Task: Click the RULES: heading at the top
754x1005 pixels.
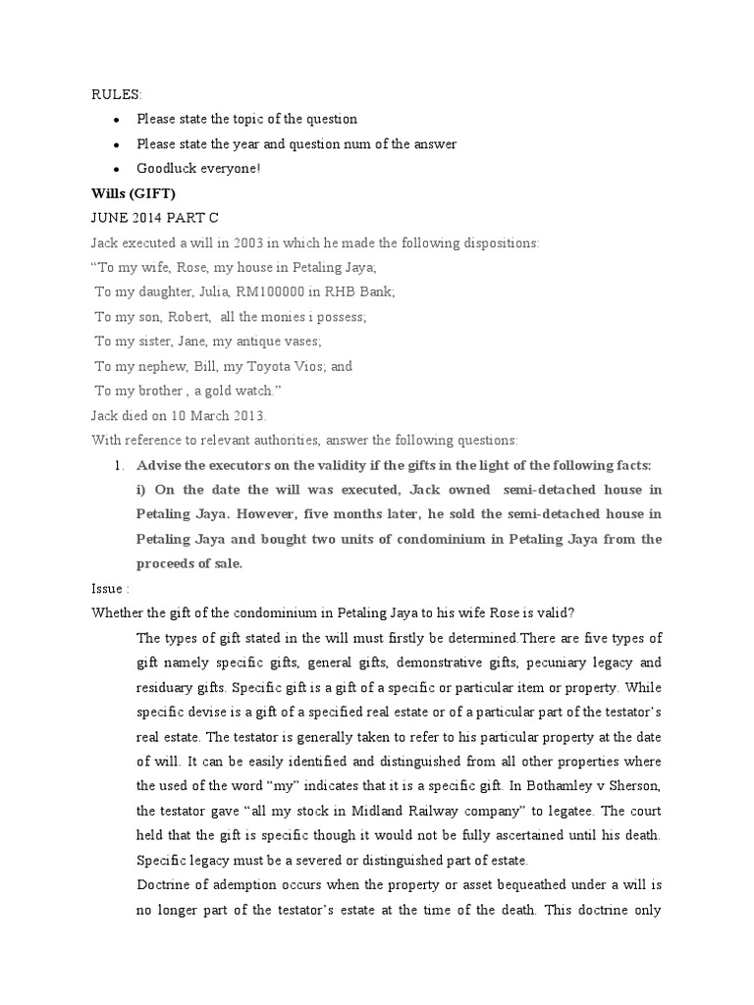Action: tap(117, 94)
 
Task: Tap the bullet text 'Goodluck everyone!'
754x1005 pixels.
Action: tap(198, 168)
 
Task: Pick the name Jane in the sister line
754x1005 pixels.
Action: tap(191, 341)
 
